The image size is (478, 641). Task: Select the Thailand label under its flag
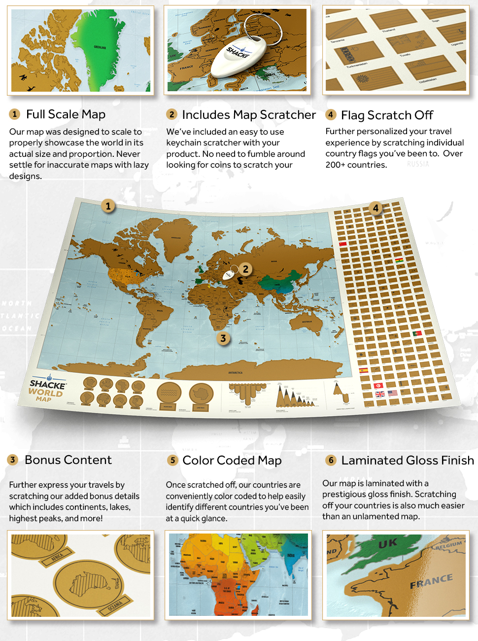(389, 30)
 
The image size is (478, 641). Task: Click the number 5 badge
(172, 460)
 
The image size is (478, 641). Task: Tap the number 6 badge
(331, 460)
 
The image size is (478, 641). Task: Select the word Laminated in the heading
(372, 461)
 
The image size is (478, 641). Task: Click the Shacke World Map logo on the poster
(46, 389)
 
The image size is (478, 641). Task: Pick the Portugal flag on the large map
(417, 333)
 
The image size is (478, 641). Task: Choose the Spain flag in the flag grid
(364, 370)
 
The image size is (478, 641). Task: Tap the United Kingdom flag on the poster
(380, 394)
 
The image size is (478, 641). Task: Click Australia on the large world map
(306, 323)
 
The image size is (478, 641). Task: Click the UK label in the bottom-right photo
(388, 543)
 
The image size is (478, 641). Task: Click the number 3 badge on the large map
(223, 338)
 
